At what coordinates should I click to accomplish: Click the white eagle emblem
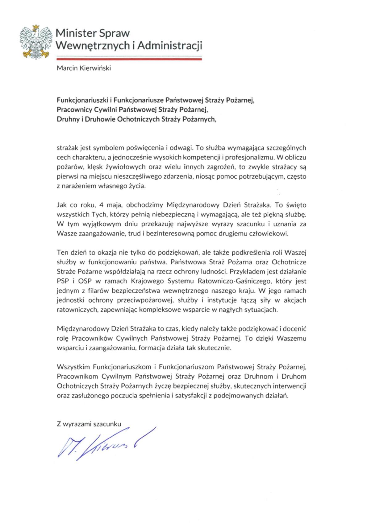pyautogui.click(x=35, y=42)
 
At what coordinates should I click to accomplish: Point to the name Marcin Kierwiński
pyautogui.click(x=84, y=68)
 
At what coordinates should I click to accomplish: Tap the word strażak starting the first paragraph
pyautogui.click(x=66, y=148)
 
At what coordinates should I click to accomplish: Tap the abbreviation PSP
pyautogui.click(x=62, y=281)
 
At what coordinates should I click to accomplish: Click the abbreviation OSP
pyautogui.click(x=81, y=281)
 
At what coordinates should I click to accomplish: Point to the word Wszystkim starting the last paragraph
pyautogui.click(x=73, y=367)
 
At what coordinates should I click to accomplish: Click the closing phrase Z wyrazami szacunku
pyautogui.click(x=89, y=424)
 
